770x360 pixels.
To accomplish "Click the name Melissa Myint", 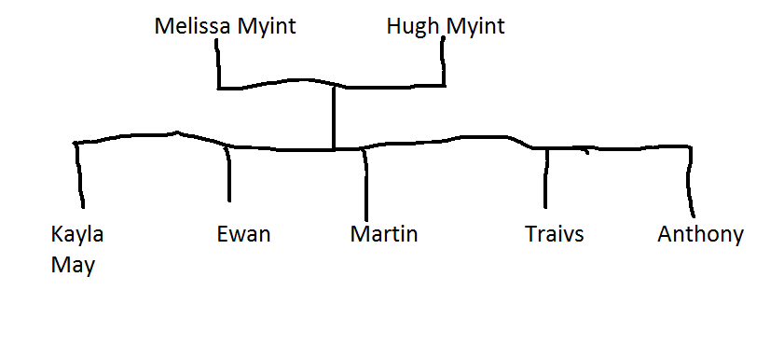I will (x=225, y=26).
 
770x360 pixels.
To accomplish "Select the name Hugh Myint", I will (x=445, y=26).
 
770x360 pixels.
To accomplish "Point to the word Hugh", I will (x=412, y=26).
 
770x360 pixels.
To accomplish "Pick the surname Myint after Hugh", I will (x=474, y=26).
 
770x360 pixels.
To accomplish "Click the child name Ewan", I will (x=242, y=233).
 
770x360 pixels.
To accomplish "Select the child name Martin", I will (x=383, y=233).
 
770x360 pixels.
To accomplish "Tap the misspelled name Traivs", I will (x=554, y=233).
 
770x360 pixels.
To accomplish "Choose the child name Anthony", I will (x=700, y=233).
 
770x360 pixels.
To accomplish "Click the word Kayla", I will (x=77, y=233).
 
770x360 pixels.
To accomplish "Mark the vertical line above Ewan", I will (x=227, y=174).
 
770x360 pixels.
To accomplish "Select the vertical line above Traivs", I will (x=546, y=177).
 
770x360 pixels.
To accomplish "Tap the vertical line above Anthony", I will (x=692, y=182).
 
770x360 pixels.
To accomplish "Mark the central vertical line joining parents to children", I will (x=334, y=117).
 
